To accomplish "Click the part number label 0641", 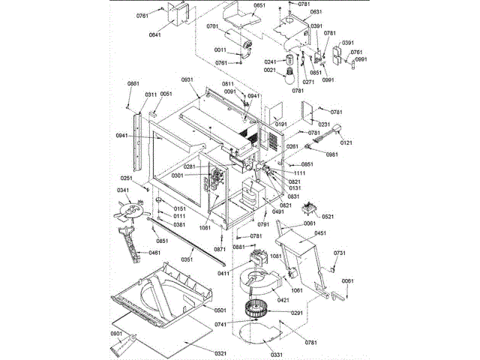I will click(154, 35).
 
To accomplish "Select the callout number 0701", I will click(212, 26).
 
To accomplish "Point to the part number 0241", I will click(271, 62).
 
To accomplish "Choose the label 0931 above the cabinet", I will click(187, 80).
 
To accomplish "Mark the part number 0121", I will click(346, 142).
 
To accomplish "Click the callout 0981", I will click(332, 154).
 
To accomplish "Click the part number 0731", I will click(339, 253).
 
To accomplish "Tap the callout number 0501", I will click(220, 310).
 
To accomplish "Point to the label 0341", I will click(122, 190).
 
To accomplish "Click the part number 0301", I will click(177, 175).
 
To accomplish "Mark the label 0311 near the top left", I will click(151, 94).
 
